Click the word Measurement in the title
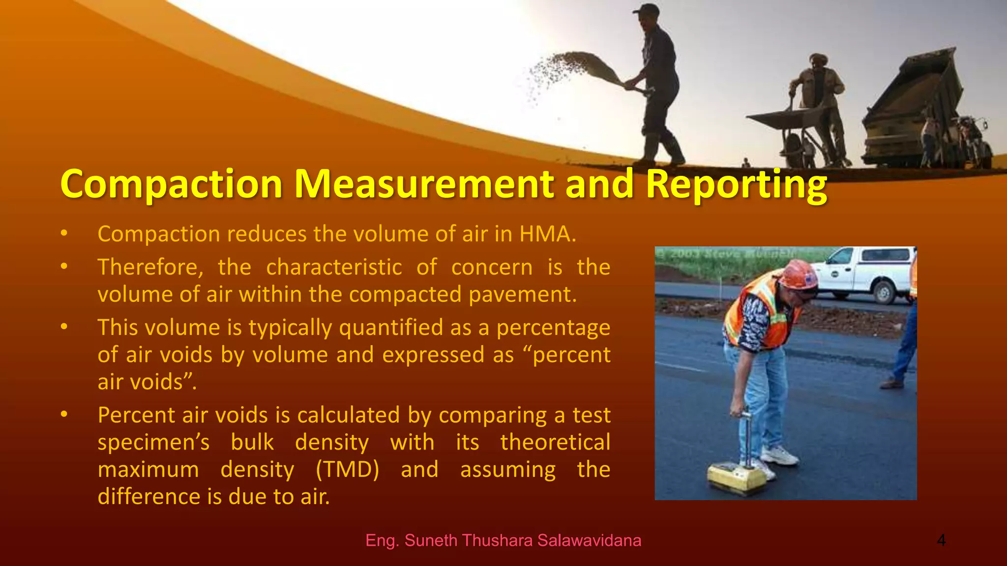click(x=425, y=184)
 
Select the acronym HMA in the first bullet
click(x=547, y=234)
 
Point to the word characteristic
click(x=334, y=267)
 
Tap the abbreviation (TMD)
click(x=347, y=470)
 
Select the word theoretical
click(x=555, y=442)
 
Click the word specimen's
click(x=153, y=443)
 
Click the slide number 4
click(x=941, y=540)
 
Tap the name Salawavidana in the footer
click(x=589, y=540)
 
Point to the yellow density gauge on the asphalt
click(x=736, y=477)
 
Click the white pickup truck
click(x=863, y=273)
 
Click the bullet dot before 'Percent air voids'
click(x=64, y=415)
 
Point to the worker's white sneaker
click(x=780, y=455)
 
